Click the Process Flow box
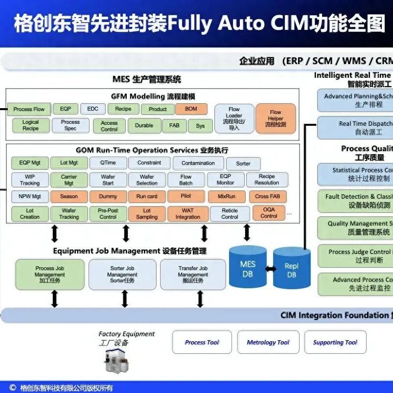pos(29,109)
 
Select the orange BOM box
pos(191,109)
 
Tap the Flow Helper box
pos(276,118)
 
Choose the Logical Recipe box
pos(31,125)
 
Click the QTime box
pos(108,163)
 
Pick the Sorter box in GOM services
pos(243,163)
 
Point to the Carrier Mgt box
pos(69,180)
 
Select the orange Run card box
pos(147,196)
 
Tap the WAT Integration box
pos(188,213)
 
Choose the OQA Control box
pos(269,212)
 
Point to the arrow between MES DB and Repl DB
pos(270,269)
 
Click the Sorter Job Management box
pos(122,275)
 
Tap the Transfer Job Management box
pos(193,275)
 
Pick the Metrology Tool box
pos(268,342)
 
